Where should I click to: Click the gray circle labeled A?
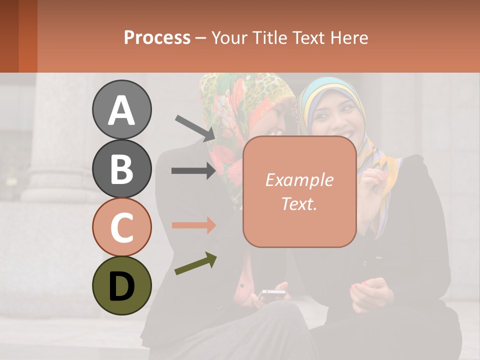[122, 109]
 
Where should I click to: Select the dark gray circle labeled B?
[122, 168]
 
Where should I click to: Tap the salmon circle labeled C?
[122, 227]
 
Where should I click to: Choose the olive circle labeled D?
[122, 285]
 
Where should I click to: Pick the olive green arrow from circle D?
[195, 263]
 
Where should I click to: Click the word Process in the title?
[157, 37]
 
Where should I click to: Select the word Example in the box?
[299, 180]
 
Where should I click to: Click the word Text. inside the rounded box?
[299, 204]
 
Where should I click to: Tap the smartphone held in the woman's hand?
[273, 293]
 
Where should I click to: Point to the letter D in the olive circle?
[122, 286]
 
